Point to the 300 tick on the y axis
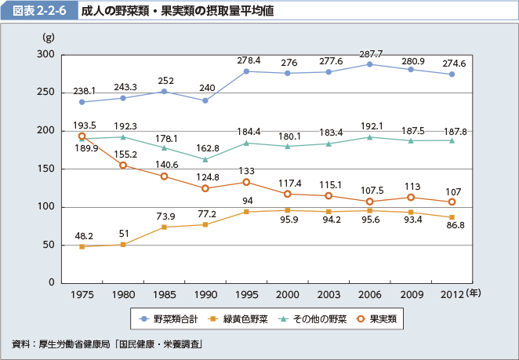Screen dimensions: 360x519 [44, 55]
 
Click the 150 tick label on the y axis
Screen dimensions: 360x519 [44, 169]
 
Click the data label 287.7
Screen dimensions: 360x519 [370, 53]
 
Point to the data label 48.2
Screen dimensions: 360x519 [83, 235]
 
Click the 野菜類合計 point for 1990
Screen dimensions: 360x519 [205, 100]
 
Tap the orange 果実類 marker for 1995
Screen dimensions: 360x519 [246, 182]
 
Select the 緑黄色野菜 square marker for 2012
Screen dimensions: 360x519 [452, 217]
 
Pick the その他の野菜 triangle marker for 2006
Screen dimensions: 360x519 [369, 137]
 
